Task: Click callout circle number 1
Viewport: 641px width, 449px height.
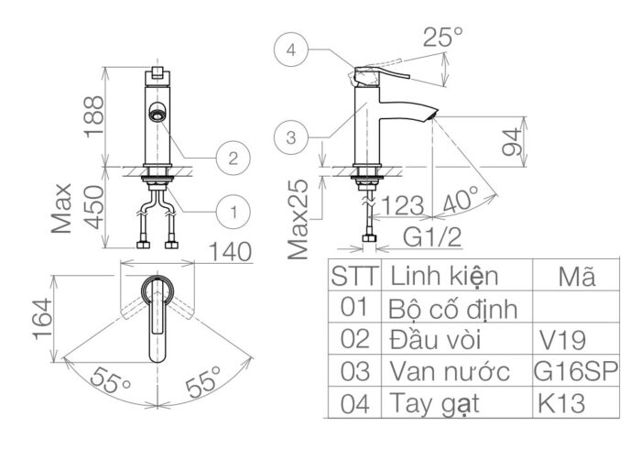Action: coord(234,212)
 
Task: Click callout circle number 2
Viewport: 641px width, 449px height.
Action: coord(234,158)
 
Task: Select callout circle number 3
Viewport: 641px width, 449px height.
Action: coord(290,138)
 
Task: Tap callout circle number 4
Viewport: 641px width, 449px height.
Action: coord(290,52)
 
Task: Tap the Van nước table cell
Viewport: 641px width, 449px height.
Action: coord(449,371)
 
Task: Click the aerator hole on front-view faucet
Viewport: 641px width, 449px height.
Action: coord(157,115)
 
